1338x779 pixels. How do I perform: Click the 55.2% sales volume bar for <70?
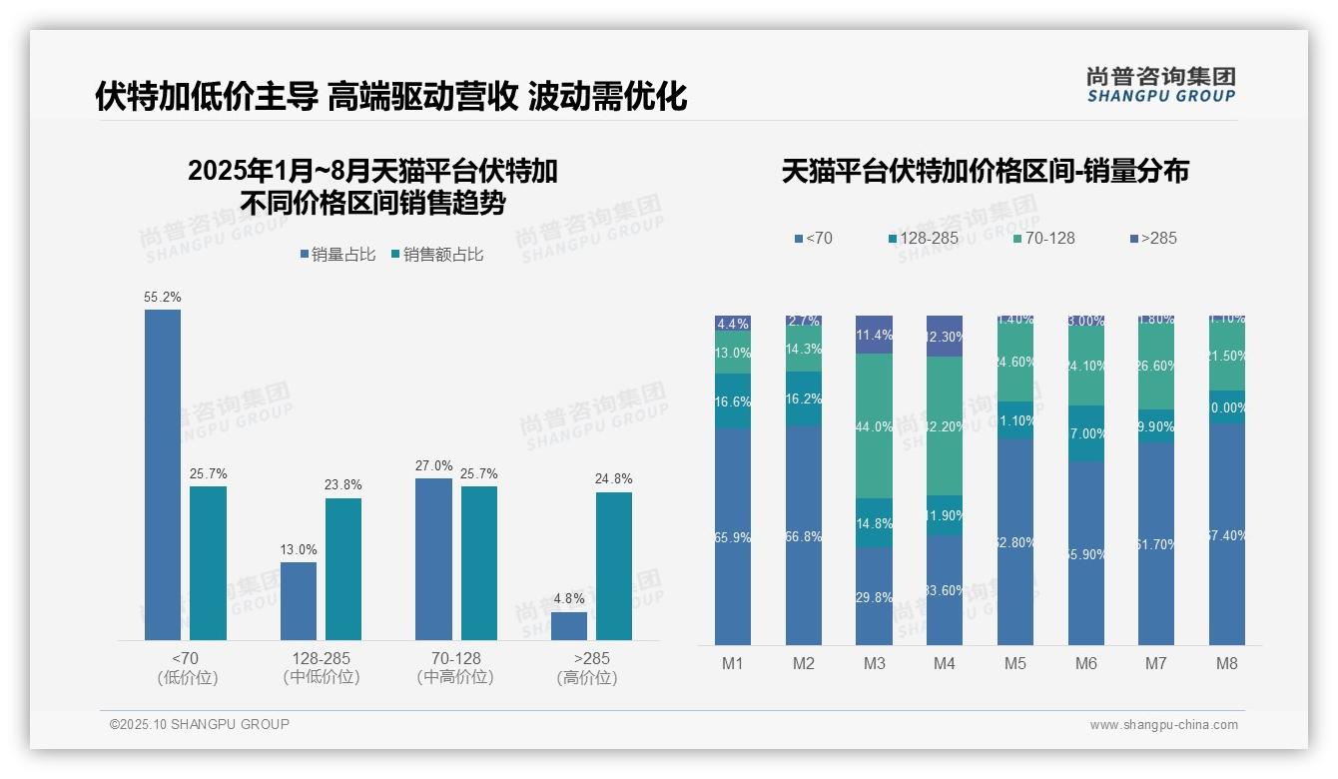point(163,474)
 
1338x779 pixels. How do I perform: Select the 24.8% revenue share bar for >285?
point(614,566)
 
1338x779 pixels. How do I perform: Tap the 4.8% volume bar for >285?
point(569,626)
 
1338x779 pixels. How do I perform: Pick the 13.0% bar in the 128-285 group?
point(299,601)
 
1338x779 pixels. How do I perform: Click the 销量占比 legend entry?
point(336,255)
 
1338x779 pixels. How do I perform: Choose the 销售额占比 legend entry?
point(437,255)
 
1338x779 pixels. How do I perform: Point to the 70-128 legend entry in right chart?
point(1044,238)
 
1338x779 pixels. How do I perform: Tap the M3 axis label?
point(874,663)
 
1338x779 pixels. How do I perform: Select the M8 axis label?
point(1227,663)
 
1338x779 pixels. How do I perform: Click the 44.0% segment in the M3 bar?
point(874,426)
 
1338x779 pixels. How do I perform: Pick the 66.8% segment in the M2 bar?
point(804,535)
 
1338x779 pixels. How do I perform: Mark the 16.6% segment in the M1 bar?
point(733,401)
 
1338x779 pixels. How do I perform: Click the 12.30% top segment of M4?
point(945,337)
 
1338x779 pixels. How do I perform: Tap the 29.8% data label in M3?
point(874,597)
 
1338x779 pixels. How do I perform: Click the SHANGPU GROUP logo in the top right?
point(1160,84)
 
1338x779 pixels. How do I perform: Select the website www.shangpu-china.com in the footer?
point(1163,725)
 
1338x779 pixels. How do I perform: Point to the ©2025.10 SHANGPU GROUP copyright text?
point(200,724)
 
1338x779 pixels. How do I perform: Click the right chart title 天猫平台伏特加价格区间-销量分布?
point(985,172)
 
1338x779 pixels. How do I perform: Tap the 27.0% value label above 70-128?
point(433,465)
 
